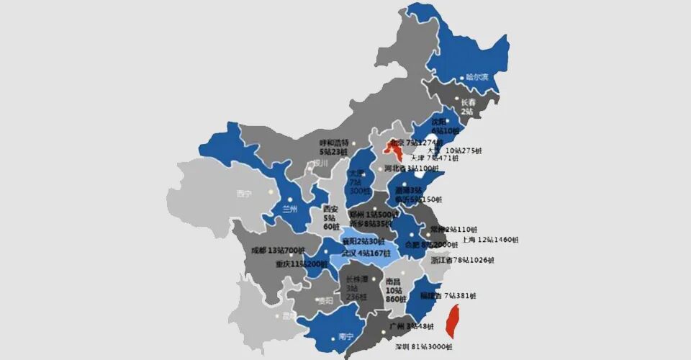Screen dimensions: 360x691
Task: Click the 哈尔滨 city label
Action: (477, 76)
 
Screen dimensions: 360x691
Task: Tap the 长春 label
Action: (468, 102)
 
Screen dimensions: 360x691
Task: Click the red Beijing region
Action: (394, 150)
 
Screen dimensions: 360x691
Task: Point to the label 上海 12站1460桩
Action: (489, 239)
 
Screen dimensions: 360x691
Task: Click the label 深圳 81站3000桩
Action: (424, 347)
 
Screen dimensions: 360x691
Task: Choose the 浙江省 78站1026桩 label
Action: (463, 260)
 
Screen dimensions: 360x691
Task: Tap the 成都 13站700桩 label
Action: (277, 251)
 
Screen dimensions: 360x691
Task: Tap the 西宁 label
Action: (244, 194)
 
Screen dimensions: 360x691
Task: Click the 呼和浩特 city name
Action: (335, 143)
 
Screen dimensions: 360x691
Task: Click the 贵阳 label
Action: (325, 300)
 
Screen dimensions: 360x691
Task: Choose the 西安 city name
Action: (330, 209)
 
